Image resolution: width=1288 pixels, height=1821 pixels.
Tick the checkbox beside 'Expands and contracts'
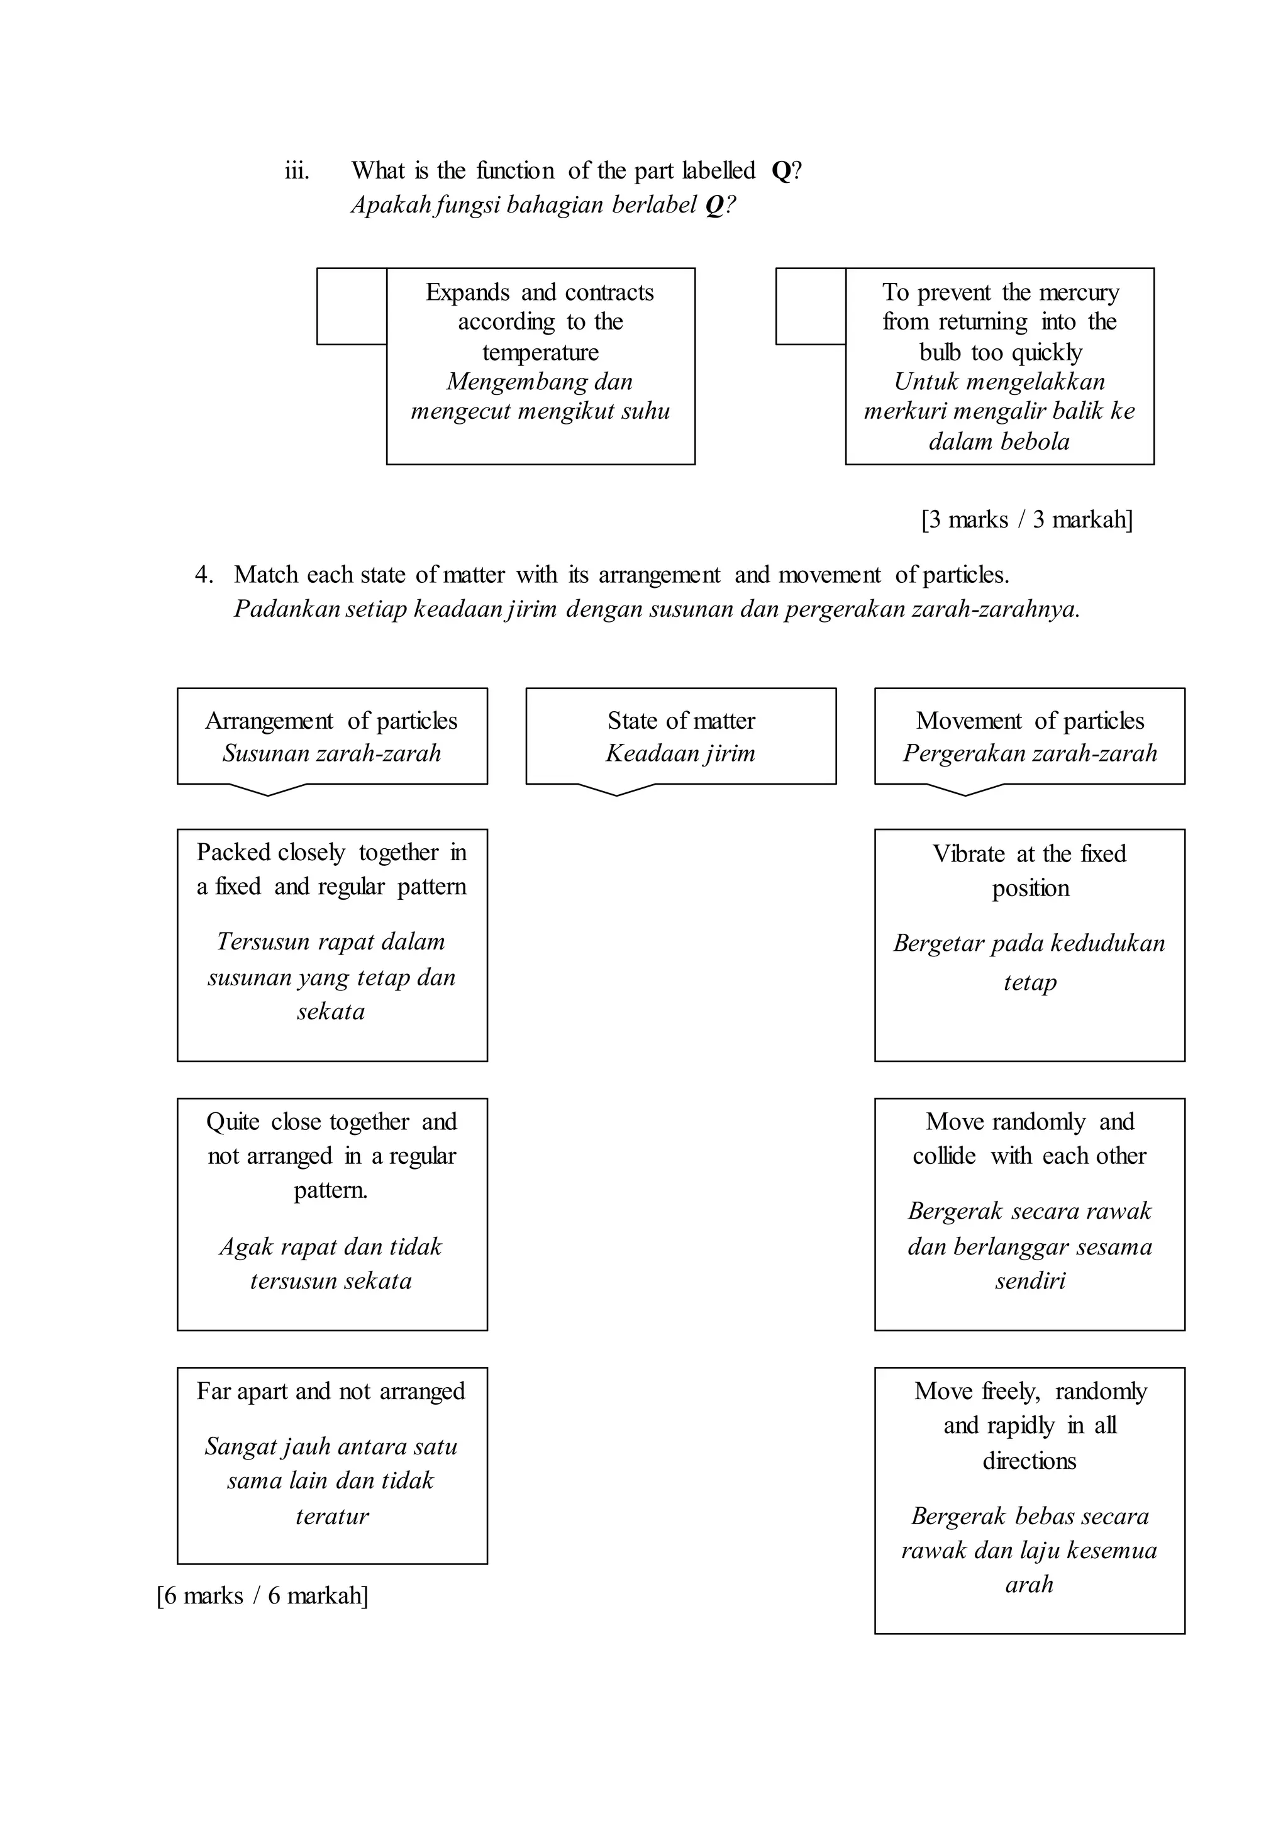pyautogui.click(x=352, y=306)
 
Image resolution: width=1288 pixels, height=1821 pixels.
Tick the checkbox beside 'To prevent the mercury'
pyautogui.click(x=811, y=306)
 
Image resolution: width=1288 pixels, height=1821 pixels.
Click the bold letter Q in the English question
pyautogui.click(x=780, y=171)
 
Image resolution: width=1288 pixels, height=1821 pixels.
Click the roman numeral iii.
pyautogui.click(x=297, y=171)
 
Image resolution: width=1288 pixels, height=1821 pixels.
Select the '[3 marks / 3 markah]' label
pyautogui.click(x=1027, y=520)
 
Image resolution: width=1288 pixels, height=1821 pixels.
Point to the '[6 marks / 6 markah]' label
pyautogui.click(x=262, y=1595)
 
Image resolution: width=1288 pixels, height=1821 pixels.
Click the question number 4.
pyautogui.click(x=203, y=575)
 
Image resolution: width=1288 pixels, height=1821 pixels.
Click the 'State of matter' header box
pyautogui.click(x=680, y=736)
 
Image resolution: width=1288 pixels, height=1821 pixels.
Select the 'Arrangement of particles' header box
pyautogui.click(x=331, y=736)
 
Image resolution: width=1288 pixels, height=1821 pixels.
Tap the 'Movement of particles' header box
pyautogui.click(x=1030, y=736)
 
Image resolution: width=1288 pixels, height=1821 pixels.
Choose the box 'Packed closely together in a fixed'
pyautogui.click(x=331, y=945)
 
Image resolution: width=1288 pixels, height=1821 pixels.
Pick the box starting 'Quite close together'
pyautogui.click(x=331, y=1214)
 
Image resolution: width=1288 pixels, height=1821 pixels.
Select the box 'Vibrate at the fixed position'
pyautogui.click(x=1030, y=945)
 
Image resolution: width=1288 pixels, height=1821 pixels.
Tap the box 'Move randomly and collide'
pyautogui.click(x=1030, y=1214)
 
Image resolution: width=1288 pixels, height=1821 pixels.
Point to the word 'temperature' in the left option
pyautogui.click(x=540, y=352)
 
